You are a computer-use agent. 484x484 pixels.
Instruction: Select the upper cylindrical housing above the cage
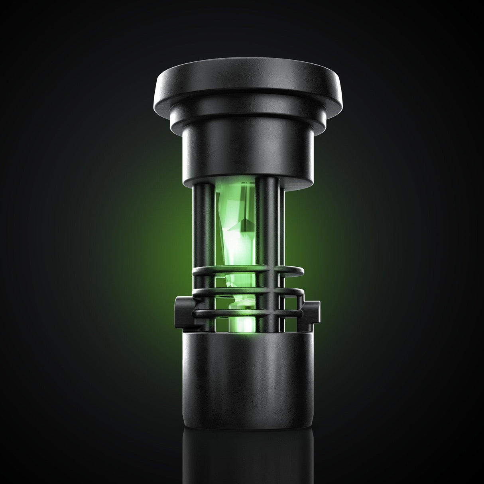point(247,151)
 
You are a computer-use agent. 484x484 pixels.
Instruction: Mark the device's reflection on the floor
point(247,458)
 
